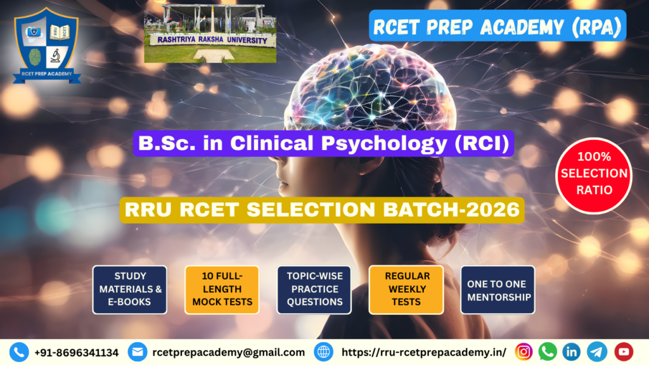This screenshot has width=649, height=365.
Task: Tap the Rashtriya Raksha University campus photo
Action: [210, 33]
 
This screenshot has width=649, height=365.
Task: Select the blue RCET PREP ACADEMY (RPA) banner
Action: [498, 26]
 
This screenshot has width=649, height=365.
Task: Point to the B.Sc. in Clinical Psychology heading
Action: [324, 144]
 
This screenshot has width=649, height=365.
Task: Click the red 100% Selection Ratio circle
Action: [593, 174]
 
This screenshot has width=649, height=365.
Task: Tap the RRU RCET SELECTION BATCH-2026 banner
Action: [323, 210]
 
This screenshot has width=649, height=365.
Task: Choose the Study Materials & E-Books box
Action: [130, 289]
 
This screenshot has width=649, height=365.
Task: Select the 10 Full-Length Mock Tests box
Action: [222, 289]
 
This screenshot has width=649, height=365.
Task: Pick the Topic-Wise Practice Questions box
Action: [314, 289]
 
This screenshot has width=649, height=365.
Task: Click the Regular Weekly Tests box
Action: [406, 289]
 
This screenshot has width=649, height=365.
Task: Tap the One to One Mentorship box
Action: [498, 289]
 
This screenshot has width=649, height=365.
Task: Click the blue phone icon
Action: [19, 352]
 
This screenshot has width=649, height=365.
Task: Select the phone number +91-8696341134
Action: [76, 352]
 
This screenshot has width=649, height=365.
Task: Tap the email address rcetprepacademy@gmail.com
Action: [228, 352]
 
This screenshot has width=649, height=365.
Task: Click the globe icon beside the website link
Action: [324, 352]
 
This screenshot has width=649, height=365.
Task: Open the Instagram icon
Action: [524, 352]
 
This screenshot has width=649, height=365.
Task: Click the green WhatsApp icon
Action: [548, 352]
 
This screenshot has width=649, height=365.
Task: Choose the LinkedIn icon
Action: [572, 352]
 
